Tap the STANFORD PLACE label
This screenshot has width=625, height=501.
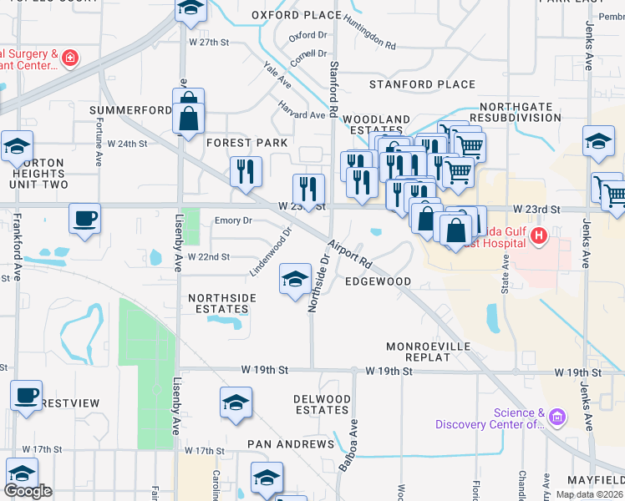[422, 84]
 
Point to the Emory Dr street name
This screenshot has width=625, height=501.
[233, 221]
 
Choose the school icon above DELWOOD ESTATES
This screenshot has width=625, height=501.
[236, 403]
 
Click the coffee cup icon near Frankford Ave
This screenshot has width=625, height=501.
[84, 219]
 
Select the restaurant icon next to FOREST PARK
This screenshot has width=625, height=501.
[246, 172]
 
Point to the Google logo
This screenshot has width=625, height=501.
[28, 491]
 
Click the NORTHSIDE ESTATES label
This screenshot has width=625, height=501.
[218, 303]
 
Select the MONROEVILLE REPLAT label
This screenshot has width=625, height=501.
[429, 352]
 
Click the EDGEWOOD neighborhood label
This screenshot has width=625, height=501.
[378, 281]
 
